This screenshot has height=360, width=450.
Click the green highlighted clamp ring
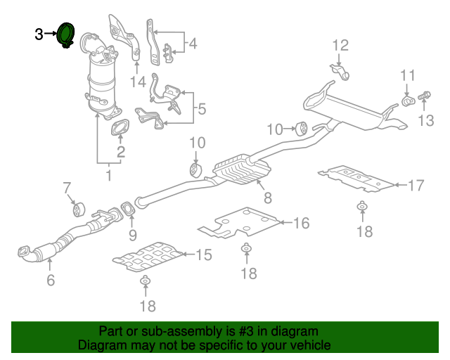[x=67, y=34]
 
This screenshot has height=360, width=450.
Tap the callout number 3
[x=39, y=33]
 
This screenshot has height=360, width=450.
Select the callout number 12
[x=340, y=46]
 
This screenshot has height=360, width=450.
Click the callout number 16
[x=301, y=223]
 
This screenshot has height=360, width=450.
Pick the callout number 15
[x=202, y=255]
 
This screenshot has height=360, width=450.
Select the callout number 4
[x=192, y=44]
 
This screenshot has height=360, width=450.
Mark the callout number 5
[x=201, y=109]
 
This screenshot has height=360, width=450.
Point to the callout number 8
[x=267, y=200]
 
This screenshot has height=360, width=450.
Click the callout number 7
[x=67, y=188]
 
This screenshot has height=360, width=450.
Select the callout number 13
[x=426, y=120]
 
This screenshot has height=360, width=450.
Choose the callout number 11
[x=409, y=76]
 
